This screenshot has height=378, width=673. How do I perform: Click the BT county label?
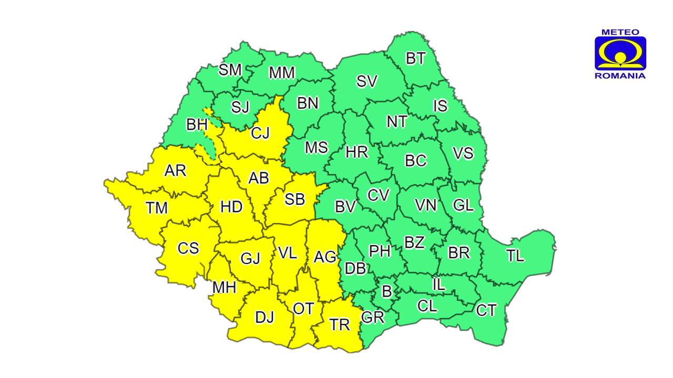click(x=415, y=58)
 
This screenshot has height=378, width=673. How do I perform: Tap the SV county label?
click(x=367, y=81)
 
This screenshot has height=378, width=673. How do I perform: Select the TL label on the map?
click(x=515, y=256)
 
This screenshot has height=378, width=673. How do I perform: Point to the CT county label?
click(x=486, y=310)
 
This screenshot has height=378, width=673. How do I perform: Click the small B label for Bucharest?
click(x=386, y=291)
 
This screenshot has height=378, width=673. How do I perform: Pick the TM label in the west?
click(x=157, y=208)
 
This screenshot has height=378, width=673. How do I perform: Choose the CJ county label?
click(x=260, y=133)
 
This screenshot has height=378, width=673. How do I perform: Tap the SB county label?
click(x=294, y=199)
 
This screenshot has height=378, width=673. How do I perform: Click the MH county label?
click(x=224, y=287)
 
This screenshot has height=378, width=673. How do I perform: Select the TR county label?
click(x=340, y=325)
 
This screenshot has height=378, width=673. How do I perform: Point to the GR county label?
click(x=373, y=318)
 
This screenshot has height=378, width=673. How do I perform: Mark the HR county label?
click(x=356, y=153)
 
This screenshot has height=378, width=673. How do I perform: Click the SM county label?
click(x=230, y=70)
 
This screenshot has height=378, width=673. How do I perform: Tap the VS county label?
click(x=463, y=153)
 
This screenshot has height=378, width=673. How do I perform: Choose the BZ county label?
click(x=414, y=243)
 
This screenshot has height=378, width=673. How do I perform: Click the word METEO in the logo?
click(x=620, y=32)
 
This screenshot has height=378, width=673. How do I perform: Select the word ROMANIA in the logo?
click(x=620, y=76)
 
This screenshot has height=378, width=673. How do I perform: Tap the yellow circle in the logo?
click(x=620, y=56)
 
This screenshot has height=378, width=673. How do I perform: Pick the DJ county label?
click(x=264, y=317)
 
